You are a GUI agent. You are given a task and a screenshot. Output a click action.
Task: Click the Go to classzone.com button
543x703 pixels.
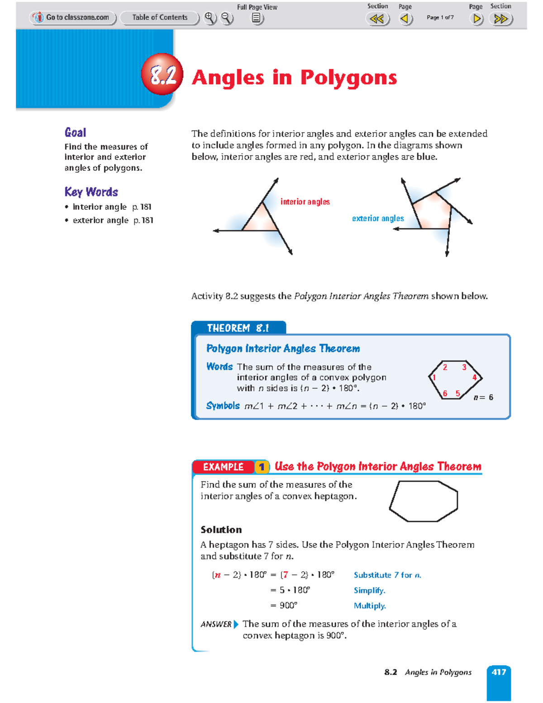[x=73, y=18]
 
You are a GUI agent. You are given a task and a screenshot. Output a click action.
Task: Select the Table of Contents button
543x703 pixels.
[x=159, y=18]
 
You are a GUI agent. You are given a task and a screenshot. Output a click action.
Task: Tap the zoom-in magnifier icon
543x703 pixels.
[x=209, y=18]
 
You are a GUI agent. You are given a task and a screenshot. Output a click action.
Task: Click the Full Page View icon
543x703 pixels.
[x=257, y=18]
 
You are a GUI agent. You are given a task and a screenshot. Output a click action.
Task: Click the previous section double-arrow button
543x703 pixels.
[x=377, y=19]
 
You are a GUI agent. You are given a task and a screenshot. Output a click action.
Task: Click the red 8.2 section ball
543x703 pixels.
[x=162, y=74]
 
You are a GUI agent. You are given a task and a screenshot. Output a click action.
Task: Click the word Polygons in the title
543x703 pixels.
[x=348, y=77]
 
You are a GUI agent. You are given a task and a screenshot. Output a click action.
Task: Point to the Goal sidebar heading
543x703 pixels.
[x=75, y=133]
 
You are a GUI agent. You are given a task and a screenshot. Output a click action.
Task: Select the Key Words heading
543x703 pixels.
[x=91, y=192]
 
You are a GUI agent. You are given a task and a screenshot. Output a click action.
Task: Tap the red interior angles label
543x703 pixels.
[x=305, y=202]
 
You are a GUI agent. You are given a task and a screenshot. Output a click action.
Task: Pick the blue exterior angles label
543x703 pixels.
[x=378, y=219]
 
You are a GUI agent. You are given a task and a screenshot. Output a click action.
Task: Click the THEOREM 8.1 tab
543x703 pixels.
[x=238, y=328]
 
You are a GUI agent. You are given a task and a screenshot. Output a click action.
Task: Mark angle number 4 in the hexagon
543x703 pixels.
[x=474, y=378]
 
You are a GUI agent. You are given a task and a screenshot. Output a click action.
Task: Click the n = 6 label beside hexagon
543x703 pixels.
[x=483, y=397]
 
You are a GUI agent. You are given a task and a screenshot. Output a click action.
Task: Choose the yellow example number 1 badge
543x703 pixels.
[x=261, y=467]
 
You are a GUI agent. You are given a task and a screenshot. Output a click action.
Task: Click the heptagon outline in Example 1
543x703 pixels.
[x=424, y=501]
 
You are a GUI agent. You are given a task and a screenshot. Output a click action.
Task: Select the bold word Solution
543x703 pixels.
[x=221, y=530]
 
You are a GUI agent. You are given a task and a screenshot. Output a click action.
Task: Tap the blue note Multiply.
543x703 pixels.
[x=370, y=606]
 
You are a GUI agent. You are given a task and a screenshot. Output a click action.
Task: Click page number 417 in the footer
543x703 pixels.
[x=499, y=672]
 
